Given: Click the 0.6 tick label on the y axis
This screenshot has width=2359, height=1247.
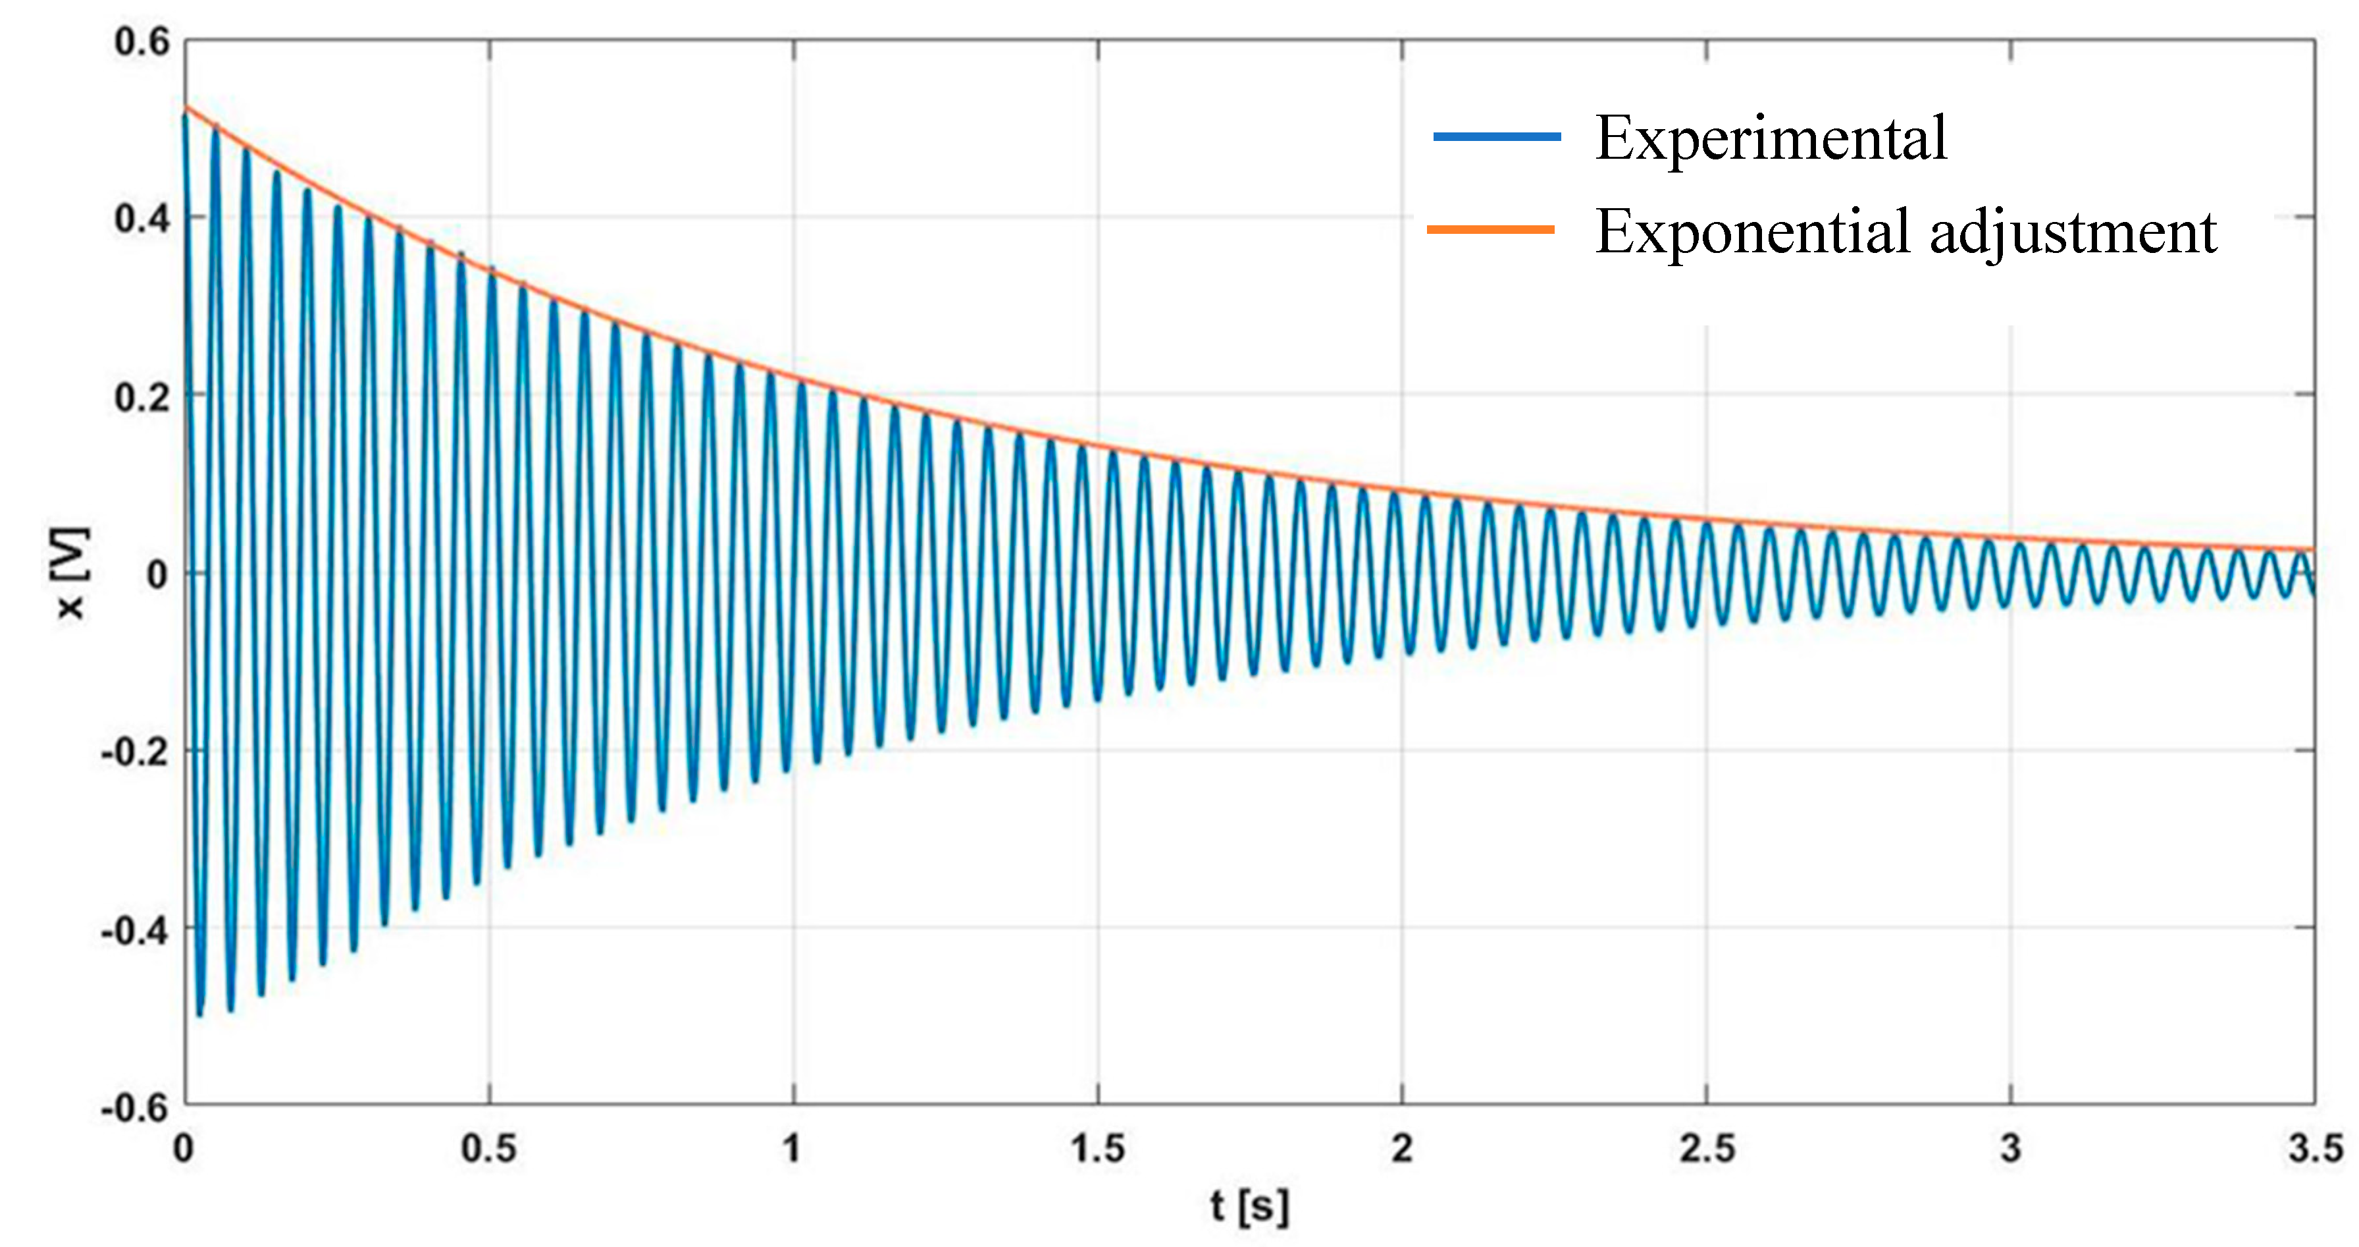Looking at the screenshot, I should tap(142, 42).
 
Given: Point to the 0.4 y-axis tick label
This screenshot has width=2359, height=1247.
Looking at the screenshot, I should tap(142, 220).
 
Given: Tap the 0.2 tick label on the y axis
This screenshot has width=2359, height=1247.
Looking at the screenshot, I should tap(142, 398).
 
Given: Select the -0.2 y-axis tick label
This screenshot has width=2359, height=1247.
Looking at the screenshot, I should tap(136, 752).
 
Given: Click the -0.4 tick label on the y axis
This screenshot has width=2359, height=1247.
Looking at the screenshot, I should tap(136, 931).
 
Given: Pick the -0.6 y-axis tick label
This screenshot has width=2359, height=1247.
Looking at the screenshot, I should tap(136, 1109).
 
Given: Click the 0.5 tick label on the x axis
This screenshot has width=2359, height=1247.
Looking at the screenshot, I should tap(488, 1149).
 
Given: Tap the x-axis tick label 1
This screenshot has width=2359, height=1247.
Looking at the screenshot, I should tap(792, 1149).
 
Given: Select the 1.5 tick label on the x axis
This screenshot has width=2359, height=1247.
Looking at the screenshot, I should tap(1097, 1149).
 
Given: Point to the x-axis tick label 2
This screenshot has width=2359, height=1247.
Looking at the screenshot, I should tap(1402, 1149).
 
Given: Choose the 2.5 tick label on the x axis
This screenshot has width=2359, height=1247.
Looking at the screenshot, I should tap(1707, 1149).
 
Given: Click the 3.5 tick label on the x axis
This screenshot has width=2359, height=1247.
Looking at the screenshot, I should tap(2315, 1149).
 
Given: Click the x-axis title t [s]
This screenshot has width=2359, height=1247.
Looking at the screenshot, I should tap(1249, 1207).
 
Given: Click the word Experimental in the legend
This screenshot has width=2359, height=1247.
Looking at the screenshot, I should tap(1770, 139).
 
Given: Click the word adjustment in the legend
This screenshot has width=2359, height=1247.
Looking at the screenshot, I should tap(2073, 233).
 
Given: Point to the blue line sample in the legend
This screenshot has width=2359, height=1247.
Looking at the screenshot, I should tap(1496, 136).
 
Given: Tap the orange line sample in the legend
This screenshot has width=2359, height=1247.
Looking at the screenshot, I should tap(1491, 229).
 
